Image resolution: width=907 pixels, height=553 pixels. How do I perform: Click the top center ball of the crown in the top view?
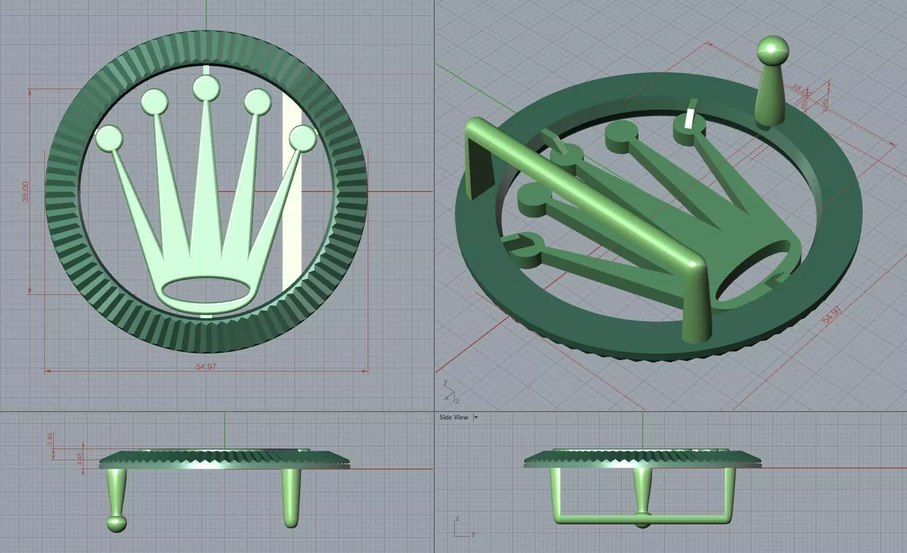coord(206,88)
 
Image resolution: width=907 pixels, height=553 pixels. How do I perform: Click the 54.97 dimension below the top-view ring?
coord(206,367)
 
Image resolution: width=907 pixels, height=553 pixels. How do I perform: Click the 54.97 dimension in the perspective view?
coord(830,316)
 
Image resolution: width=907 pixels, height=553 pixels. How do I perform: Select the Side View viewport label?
coord(453,417)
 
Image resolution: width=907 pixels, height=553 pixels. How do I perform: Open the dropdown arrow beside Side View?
coord(476,417)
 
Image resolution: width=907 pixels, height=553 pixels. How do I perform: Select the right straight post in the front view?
coord(291,496)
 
